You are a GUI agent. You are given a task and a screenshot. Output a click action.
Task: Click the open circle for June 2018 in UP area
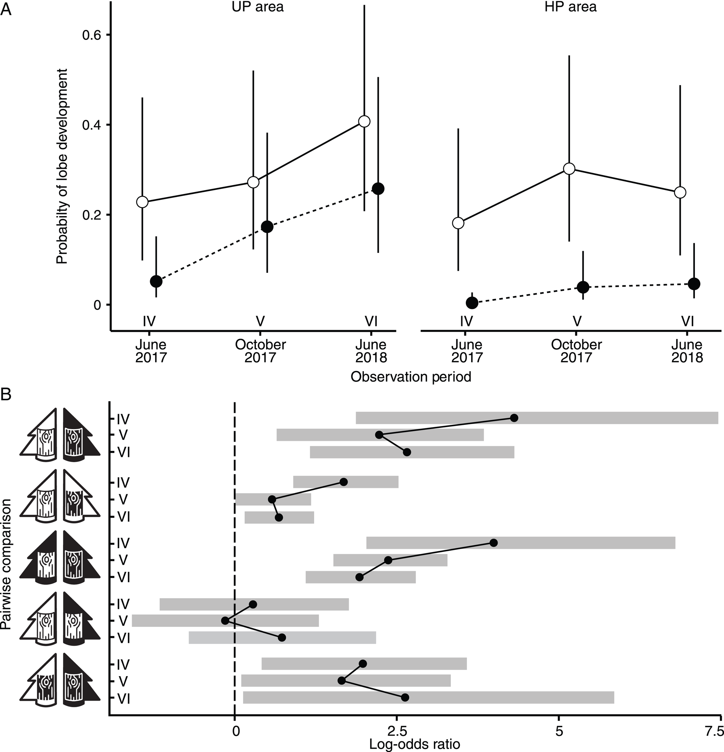tap(364, 121)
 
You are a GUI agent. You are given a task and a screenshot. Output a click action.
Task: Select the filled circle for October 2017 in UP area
tap(267, 226)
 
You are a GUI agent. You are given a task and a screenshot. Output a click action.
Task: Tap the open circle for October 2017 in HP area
tap(569, 169)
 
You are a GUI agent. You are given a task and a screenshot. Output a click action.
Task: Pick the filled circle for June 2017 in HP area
tap(472, 303)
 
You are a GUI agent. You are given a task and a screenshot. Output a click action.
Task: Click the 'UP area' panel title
tap(258, 7)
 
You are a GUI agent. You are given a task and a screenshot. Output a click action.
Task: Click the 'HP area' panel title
tap(570, 7)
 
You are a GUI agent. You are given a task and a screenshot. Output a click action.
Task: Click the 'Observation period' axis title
tap(411, 377)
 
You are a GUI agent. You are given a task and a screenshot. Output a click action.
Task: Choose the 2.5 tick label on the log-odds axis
tap(397, 731)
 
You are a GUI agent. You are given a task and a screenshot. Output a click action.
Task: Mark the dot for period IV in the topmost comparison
tap(514, 418)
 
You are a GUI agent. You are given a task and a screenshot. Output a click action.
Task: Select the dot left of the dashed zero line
tap(225, 620)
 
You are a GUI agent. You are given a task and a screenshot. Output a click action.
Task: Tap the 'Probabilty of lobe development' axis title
tap(61, 166)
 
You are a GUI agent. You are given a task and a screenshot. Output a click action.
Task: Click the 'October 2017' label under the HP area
tap(576, 351)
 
